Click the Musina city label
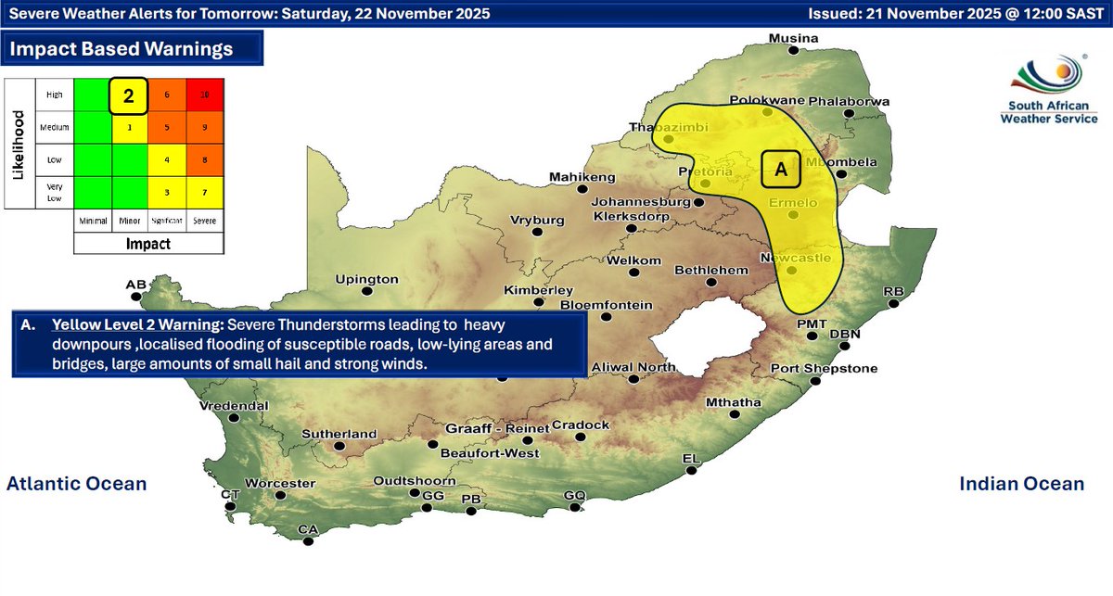[x=793, y=38]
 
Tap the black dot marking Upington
[x=367, y=291]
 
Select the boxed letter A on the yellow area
[x=780, y=169]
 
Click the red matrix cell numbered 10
[x=204, y=95]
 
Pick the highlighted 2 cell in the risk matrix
[x=129, y=95]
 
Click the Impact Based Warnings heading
[x=121, y=48]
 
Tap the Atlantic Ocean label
[x=76, y=484]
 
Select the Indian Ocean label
[x=1021, y=484]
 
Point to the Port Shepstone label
[x=824, y=368]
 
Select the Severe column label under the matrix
[x=205, y=222]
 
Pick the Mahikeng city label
[x=582, y=176]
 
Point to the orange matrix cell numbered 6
[x=167, y=95]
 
